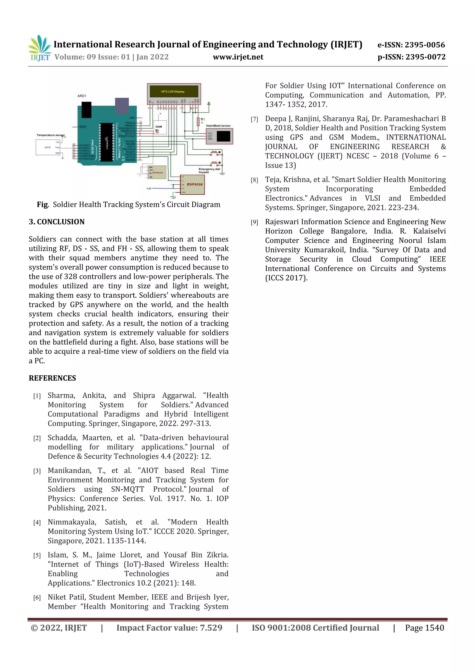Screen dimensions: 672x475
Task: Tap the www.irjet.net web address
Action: point(238,57)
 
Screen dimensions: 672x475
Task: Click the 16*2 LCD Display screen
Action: point(173,92)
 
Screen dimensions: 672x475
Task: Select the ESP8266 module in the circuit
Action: point(192,185)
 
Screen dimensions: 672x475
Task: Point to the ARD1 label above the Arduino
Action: point(82,96)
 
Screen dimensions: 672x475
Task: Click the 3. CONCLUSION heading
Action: point(57,222)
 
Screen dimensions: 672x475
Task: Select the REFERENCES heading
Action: point(52,378)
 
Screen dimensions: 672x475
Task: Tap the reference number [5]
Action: point(37,556)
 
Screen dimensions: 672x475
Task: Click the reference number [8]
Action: point(254,180)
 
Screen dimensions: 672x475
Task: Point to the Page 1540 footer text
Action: point(424,628)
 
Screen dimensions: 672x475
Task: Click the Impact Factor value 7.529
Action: point(211,628)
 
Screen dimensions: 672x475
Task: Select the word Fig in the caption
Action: point(42,205)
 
